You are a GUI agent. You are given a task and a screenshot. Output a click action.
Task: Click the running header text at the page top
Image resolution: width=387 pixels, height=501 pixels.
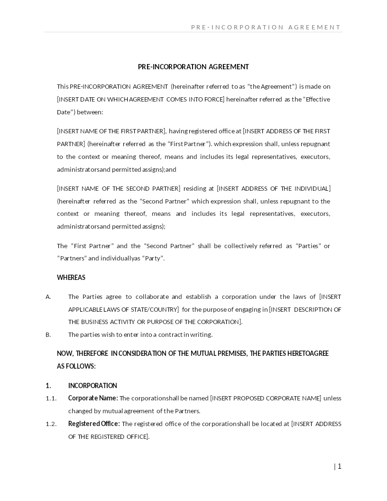(266, 27)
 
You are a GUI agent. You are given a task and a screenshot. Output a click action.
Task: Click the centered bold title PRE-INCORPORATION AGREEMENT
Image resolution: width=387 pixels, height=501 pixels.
(193, 67)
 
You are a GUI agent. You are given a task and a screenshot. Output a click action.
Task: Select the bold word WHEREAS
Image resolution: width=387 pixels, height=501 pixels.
(71, 277)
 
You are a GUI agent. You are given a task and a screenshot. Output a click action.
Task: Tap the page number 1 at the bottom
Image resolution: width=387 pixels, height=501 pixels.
(339, 466)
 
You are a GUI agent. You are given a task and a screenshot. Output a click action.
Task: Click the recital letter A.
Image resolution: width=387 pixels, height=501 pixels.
(48, 297)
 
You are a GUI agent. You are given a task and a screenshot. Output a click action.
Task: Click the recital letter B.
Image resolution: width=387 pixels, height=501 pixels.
(48, 334)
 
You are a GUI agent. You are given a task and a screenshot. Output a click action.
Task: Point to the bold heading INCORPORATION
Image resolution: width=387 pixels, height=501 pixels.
(92, 386)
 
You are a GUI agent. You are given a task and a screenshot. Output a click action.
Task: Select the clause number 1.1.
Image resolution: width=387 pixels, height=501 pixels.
(51, 398)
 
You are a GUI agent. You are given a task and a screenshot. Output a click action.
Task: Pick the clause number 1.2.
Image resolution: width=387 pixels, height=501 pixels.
(51, 424)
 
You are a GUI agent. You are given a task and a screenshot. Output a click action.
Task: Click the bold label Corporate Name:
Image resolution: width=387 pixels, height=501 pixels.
(93, 398)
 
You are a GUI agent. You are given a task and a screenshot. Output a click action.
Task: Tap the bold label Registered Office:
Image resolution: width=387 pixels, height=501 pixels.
(94, 424)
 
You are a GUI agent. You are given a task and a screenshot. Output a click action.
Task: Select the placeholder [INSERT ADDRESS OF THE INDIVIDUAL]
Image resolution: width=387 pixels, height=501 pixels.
(274, 188)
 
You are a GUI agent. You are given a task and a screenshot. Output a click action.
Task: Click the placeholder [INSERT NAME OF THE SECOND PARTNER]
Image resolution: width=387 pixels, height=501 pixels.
(119, 188)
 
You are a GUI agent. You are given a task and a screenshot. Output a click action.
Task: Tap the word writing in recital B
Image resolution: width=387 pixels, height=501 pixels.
(201, 334)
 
